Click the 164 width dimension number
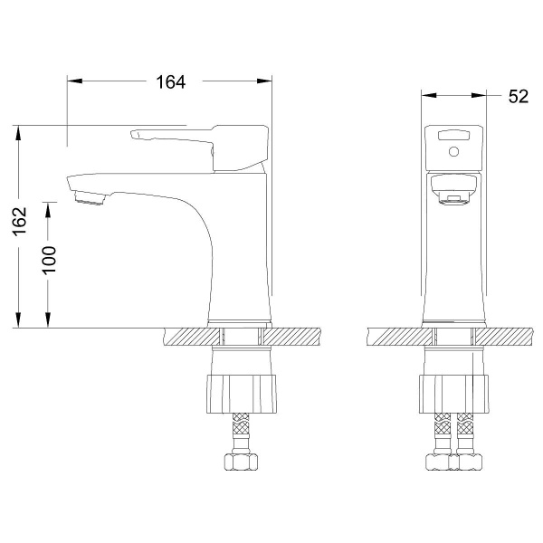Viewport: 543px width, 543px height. pos(169,82)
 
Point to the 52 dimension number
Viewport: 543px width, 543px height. pos(518,95)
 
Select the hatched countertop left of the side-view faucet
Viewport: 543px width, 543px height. pos(186,337)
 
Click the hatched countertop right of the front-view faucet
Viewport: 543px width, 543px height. pos(512,337)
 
